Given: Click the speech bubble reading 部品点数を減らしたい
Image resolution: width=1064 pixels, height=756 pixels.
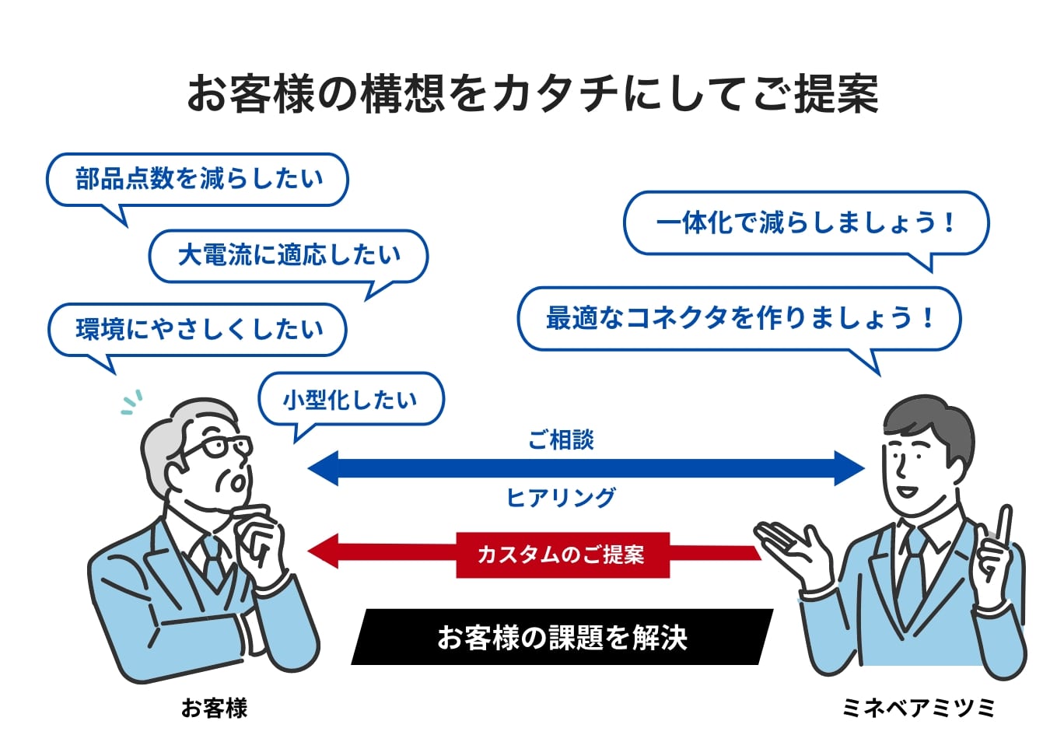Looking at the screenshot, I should pyautogui.click(x=198, y=179).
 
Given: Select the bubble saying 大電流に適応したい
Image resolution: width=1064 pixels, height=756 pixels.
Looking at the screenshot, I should pyautogui.click(x=289, y=255).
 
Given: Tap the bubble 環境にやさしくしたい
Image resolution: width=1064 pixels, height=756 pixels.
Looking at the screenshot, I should pyautogui.click(x=198, y=329).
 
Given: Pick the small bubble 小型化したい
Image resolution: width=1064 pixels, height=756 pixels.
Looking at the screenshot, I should pyautogui.click(x=350, y=399).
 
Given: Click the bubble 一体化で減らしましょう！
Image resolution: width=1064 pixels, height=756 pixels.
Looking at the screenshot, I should pyautogui.click(x=805, y=223).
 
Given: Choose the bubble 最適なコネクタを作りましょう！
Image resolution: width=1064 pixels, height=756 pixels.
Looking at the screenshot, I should pyautogui.click(x=739, y=318).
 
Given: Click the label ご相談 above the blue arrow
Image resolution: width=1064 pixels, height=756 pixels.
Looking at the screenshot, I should pyautogui.click(x=560, y=440).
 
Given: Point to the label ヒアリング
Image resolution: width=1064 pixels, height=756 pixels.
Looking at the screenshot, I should pyautogui.click(x=560, y=497).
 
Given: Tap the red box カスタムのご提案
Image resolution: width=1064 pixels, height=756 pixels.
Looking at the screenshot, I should pyautogui.click(x=562, y=555).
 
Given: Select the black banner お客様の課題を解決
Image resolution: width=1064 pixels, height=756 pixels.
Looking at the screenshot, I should pyautogui.click(x=562, y=637).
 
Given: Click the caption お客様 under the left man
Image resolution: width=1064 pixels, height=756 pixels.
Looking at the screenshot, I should pyautogui.click(x=214, y=708).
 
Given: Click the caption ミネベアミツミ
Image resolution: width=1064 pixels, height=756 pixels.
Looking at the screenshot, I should pyautogui.click(x=918, y=708).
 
